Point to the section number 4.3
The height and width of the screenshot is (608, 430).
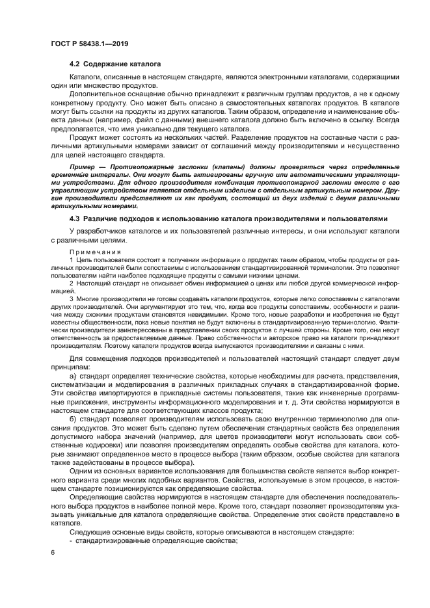tap(75, 218)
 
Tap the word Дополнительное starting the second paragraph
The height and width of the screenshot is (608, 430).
tap(98, 96)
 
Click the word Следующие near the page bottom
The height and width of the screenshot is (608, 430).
tap(90, 533)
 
